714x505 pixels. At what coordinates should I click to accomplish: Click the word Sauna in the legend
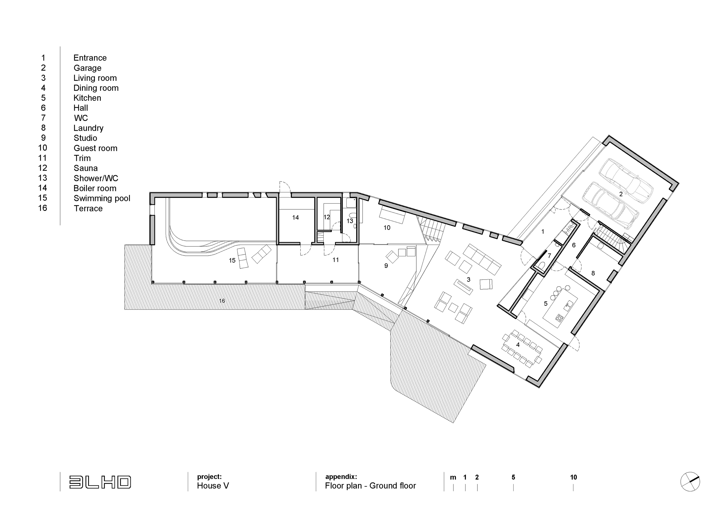tap(86, 168)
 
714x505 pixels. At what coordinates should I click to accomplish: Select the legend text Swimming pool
tap(102, 198)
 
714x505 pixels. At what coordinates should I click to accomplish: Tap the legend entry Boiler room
tap(95, 188)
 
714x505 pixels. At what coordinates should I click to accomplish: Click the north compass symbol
tap(690, 482)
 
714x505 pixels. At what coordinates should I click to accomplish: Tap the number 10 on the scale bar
tap(573, 477)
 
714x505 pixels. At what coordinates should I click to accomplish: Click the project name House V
tap(213, 486)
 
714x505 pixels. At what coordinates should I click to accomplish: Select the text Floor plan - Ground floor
tap(370, 486)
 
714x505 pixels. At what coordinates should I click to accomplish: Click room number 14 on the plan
tap(295, 218)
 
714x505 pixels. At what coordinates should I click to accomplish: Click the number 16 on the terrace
tap(222, 301)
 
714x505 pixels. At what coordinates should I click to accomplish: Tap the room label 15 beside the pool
tap(232, 261)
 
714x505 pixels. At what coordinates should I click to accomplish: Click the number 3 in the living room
tap(468, 280)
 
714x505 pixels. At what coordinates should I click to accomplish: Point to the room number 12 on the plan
tap(326, 217)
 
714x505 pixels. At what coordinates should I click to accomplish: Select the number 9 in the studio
tap(386, 266)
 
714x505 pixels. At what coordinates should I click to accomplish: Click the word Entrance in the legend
tap(90, 58)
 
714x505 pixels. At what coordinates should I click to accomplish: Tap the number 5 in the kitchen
tap(545, 304)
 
